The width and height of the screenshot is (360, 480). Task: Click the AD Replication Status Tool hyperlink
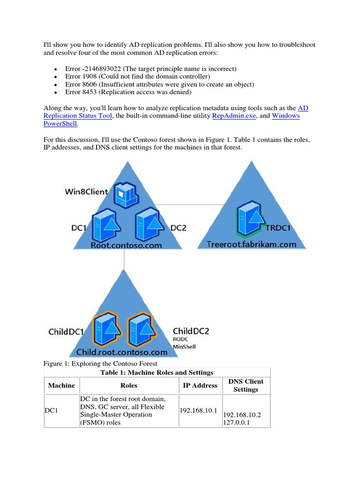pos(78,115)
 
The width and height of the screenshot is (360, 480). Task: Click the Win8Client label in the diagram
pos(86,192)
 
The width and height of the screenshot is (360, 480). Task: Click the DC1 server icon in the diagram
pos(105,225)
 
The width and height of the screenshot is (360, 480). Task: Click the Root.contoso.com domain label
pos(126,245)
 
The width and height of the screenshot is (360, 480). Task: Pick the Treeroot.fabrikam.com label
pos(252,244)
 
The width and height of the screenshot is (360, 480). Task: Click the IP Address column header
pos(200,385)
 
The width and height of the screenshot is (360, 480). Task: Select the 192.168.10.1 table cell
pos(198,411)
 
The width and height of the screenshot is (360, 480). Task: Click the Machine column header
pos(61,385)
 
